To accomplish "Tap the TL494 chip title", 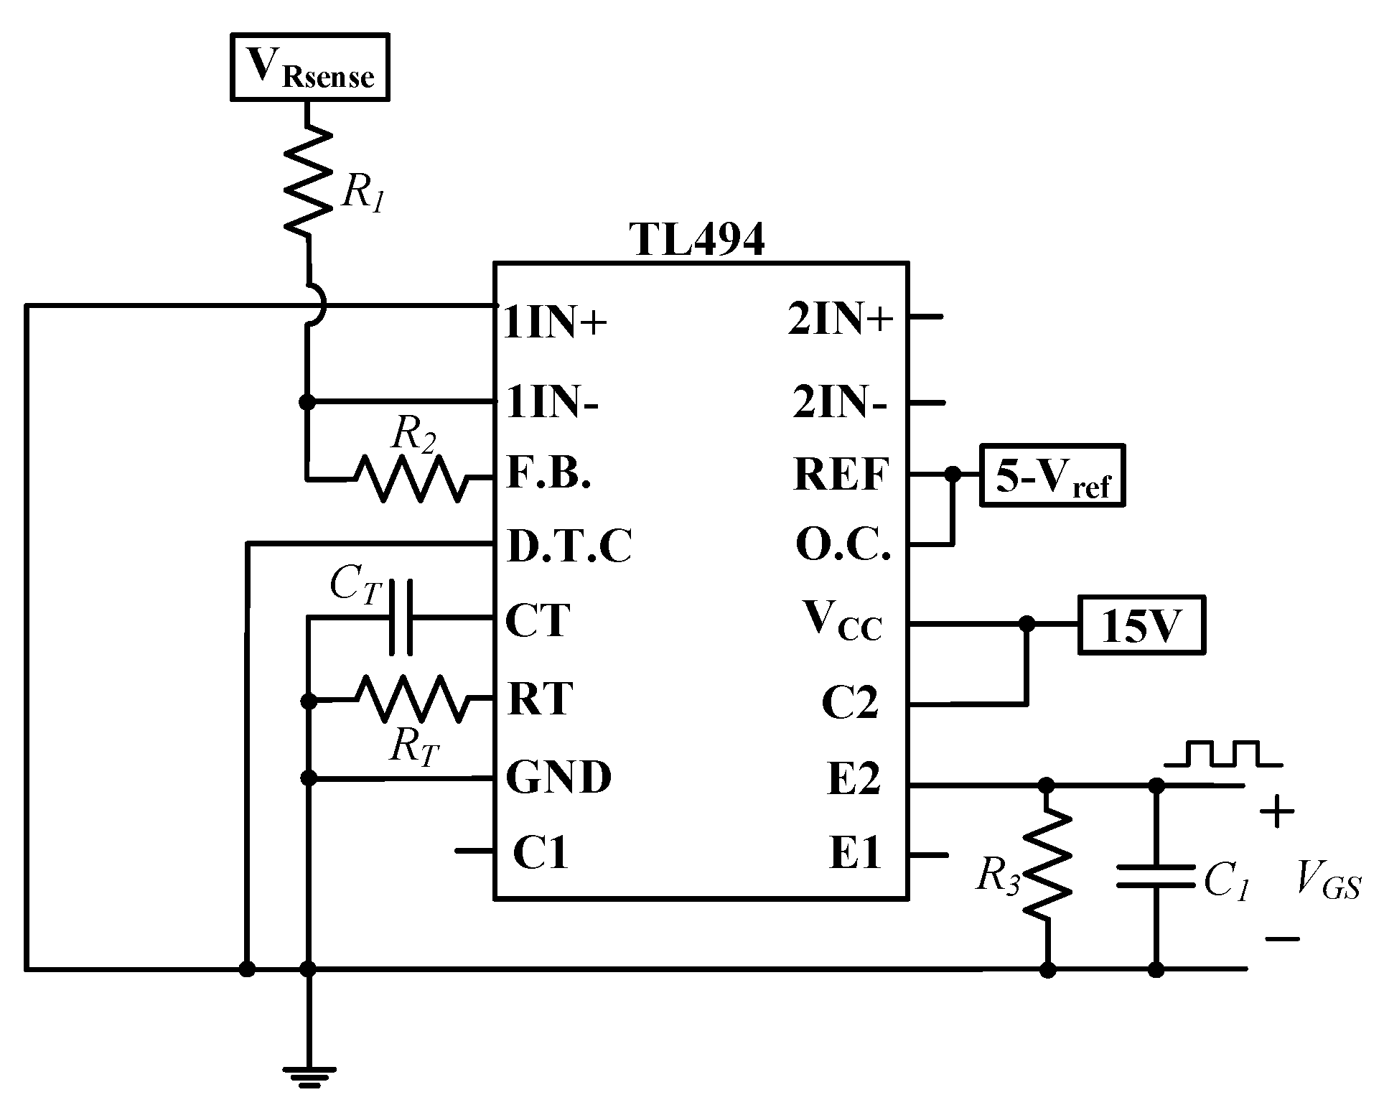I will [697, 240].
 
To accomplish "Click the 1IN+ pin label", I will [556, 323].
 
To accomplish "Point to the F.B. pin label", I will [549, 473].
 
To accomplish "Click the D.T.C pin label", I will [569, 546].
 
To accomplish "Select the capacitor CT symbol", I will [401, 618].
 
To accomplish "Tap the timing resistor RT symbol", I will [411, 699].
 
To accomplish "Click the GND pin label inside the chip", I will [558, 777].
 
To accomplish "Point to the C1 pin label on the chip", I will [541, 852].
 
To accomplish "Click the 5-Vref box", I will [1052, 476].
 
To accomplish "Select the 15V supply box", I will [1141, 625].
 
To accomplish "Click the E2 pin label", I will [853, 779].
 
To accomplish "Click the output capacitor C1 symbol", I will [1156, 876].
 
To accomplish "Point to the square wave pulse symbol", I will [1223, 755].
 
